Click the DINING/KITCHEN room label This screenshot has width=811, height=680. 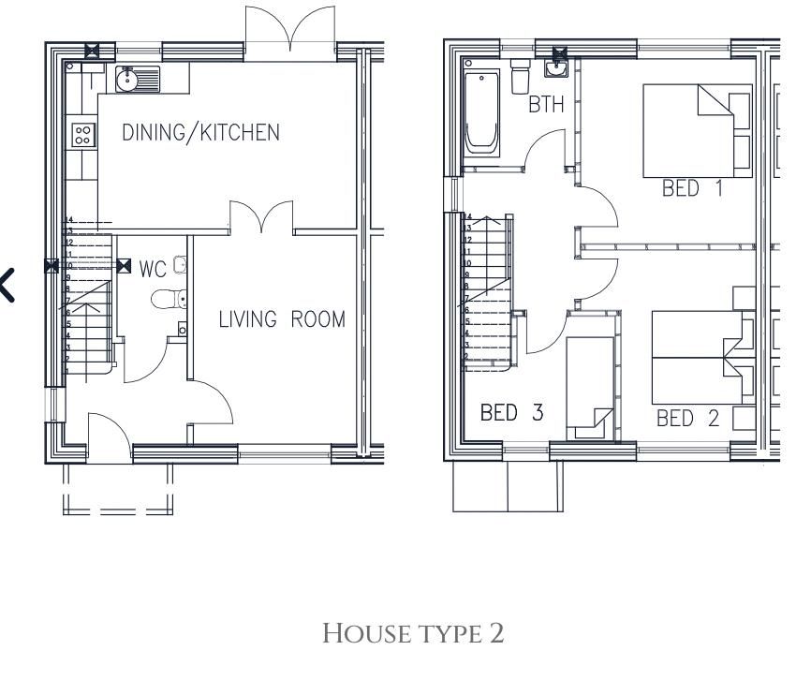(200, 132)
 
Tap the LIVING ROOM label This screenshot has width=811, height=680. (282, 319)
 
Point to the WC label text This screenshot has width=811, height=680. (153, 270)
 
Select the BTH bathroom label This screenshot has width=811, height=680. (546, 104)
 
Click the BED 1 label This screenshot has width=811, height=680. (692, 188)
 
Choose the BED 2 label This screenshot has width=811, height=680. (687, 418)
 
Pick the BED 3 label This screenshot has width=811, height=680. (511, 412)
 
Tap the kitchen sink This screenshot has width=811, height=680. (137, 80)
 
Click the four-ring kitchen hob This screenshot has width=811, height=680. (82, 135)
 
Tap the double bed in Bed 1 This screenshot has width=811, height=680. (697, 130)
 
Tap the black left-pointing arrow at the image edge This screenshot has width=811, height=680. (7, 285)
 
